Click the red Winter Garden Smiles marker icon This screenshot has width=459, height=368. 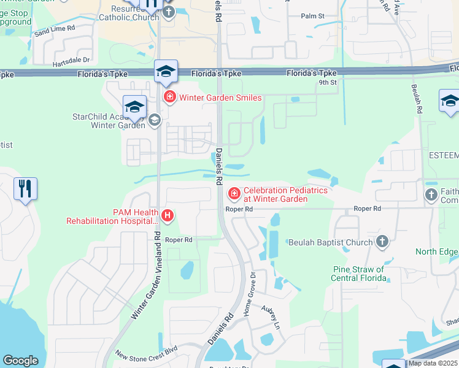click(x=169, y=97)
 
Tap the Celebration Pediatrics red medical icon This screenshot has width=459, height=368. click(x=234, y=194)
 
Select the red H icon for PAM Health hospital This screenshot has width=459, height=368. click(x=167, y=215)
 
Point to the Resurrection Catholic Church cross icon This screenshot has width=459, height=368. click(x=169, y=11)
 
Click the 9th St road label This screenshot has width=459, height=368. click(x=328, y=82)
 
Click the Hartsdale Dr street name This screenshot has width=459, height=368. click(x=69, y=60)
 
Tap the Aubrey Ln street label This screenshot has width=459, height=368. click(x=271, y=317)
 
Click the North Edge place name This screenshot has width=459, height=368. click(x=436, y=251)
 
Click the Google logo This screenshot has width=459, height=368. click(x=20, y=361)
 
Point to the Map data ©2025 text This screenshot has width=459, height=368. click(x=432, y=363)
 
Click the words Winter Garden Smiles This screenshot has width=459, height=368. click(x=220, y=98)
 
